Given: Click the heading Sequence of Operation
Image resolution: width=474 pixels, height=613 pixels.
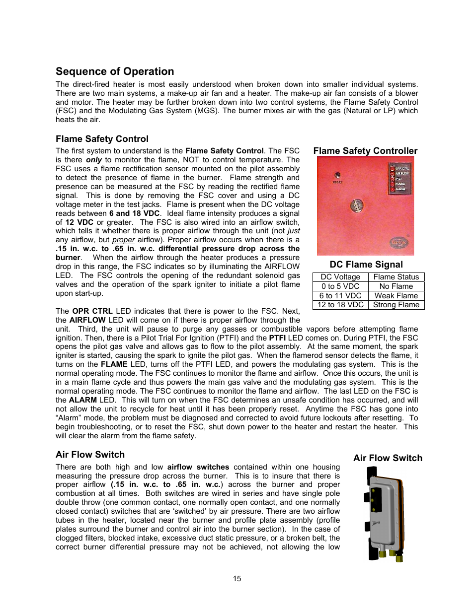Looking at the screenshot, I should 115,71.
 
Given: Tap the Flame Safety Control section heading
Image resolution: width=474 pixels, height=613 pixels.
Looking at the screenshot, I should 102,139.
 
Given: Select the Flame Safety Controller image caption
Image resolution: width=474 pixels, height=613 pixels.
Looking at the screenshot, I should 365,151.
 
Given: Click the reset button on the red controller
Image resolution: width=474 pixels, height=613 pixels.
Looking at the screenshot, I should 337,176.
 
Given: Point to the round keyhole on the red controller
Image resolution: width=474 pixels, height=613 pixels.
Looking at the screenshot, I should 356,205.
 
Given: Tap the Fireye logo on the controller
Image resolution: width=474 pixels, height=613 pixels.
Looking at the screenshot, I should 398,242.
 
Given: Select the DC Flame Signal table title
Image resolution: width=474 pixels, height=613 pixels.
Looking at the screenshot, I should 366,265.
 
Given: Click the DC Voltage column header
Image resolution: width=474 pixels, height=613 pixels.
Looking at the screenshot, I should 340,277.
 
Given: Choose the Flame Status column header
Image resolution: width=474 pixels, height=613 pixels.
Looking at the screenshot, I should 396,277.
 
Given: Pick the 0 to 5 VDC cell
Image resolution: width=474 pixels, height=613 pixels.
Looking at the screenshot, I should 340,286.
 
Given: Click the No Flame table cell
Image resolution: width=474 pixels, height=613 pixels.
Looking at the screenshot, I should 396,286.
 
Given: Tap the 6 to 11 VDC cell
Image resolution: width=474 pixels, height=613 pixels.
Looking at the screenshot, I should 340,296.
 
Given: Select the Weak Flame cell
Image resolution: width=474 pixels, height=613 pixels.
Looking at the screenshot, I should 396,296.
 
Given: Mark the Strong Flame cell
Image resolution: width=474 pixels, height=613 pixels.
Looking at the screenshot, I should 396,305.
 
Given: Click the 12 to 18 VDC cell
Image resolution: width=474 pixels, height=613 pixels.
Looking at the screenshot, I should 340,305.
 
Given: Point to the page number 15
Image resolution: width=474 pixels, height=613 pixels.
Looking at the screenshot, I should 237,579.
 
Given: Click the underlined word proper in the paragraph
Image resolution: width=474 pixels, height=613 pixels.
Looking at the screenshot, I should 123,240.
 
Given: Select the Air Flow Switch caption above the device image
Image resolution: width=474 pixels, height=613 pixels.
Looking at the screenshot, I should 388,458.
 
